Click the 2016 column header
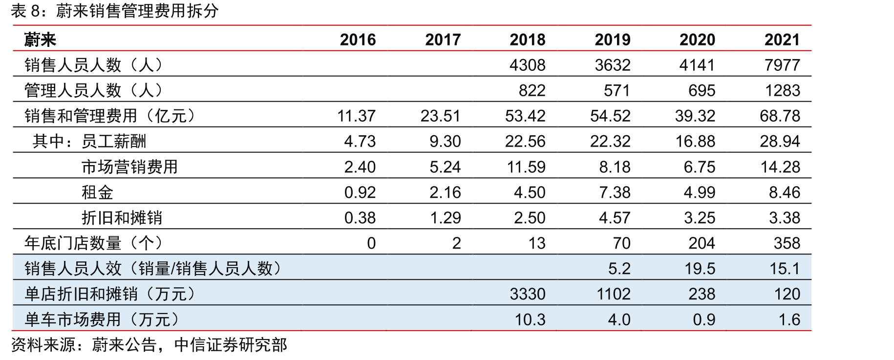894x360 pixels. [x=358, y=40]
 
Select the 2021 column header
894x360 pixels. [x=782, y=40]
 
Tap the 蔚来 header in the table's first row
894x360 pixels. [x=41, y=40]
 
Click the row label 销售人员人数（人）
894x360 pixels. [x=93, y=65]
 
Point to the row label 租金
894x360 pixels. [x=97, y=192]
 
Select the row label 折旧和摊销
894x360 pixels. [x=122, y=217]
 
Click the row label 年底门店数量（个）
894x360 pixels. [x=93, y=243]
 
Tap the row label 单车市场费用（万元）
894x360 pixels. [x=102, y=319]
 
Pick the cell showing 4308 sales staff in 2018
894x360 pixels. [x=528, y=65]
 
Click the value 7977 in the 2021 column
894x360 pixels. [x=782, y=65]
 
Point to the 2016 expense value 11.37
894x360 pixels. [x=356, y=116]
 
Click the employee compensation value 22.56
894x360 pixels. [x=525, y=141]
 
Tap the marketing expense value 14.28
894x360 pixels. [x=780, y=167]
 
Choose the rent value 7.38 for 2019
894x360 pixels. [x=615, y=192]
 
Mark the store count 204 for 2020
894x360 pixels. [x=702, y=243]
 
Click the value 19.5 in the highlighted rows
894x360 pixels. [x=700, y=268]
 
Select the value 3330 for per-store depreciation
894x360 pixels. [x=528, y=294]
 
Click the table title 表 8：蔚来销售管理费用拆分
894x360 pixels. [x=115, y=11]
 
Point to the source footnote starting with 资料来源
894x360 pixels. [x=149, y=345]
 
